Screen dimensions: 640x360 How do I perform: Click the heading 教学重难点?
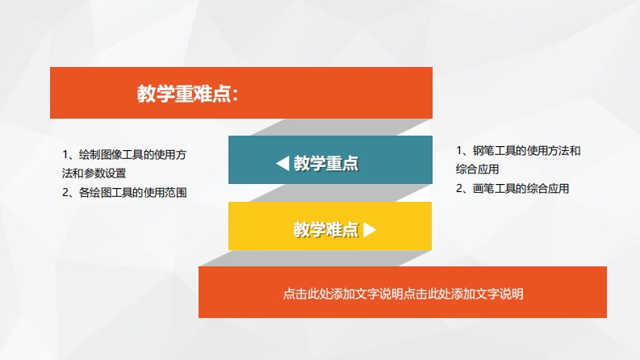click(187, 94)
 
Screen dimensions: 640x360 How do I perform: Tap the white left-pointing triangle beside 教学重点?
click(282, 163)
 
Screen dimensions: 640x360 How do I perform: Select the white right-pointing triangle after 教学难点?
click(370, 230)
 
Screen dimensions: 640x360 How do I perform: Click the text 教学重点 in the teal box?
click(326, 163)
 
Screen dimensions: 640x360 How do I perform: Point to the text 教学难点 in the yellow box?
click(326, 230)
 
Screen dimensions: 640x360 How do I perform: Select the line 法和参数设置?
click(94, 173)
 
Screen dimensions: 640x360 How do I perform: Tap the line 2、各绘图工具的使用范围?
click(124, 192)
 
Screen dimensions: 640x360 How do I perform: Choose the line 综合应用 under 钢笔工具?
click(477, 169)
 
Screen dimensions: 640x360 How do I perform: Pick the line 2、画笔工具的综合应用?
click(512, 188)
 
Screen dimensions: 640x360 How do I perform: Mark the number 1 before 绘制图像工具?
click(65, 155)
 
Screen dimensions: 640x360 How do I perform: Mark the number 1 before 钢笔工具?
click(458, 151)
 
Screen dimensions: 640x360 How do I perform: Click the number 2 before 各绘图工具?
click(65, 192)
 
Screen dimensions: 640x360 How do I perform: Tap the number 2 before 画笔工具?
click(459, 188)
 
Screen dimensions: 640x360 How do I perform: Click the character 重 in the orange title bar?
click(184, 94)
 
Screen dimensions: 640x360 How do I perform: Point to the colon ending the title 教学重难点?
click(235, 95)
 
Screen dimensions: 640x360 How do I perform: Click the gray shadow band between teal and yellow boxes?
click(341, 193)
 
